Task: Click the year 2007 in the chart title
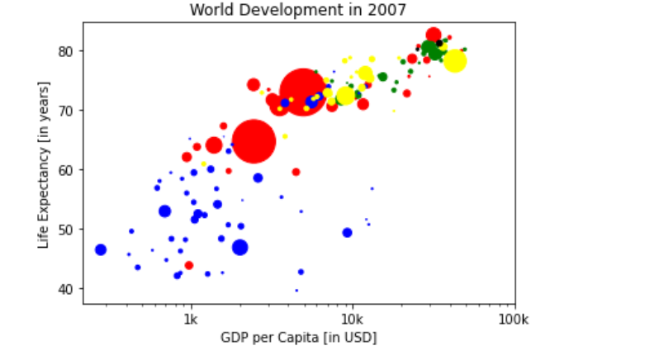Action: [391, 10]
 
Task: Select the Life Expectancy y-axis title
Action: [43, 164]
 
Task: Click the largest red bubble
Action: [302, 92]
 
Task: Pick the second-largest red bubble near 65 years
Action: [254, 140]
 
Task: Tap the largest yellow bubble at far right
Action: [455, 61]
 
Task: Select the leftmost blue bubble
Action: [101, 249]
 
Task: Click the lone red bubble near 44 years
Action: [189, 265]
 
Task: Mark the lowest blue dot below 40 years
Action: [296, 291]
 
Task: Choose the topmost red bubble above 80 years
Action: [434, 35]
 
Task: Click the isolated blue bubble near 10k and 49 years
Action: [347, 233]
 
